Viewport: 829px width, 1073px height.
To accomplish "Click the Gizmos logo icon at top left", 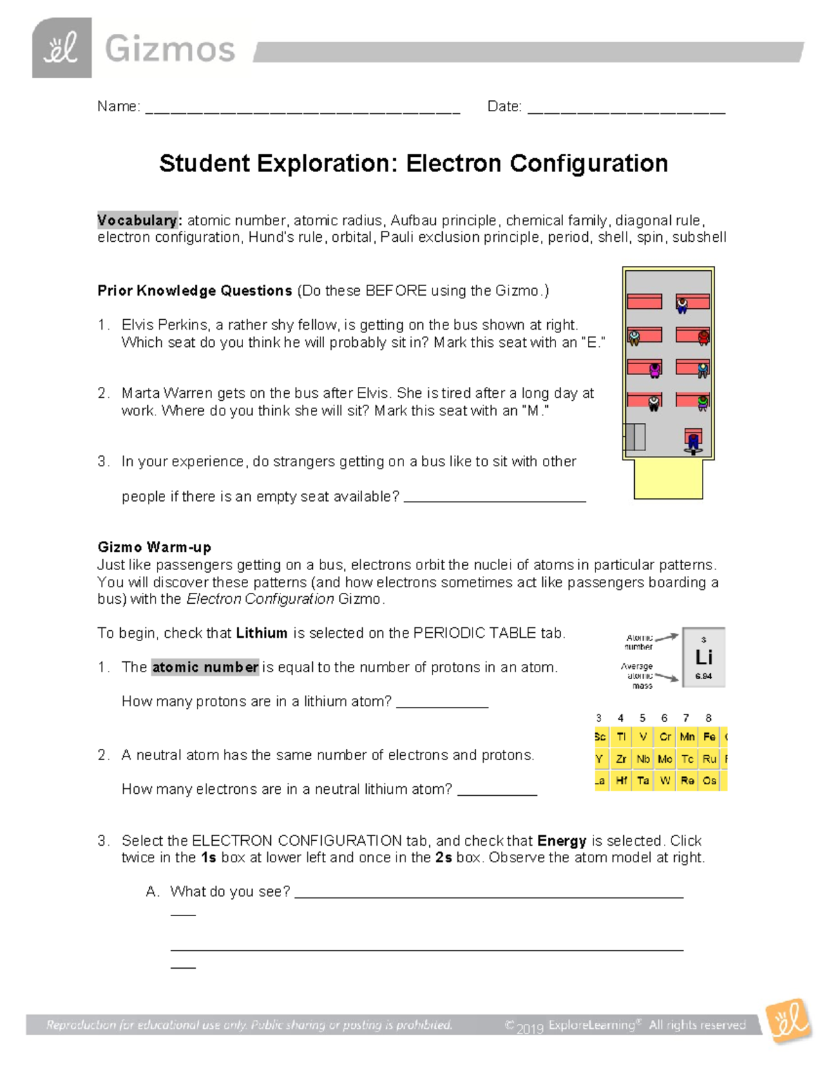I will [x=61, y=48].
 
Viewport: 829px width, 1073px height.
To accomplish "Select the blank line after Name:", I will [x=303, y=109].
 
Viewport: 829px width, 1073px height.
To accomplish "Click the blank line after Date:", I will [x=626, y=109].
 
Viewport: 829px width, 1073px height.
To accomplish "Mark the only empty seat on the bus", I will [x=644, y=301].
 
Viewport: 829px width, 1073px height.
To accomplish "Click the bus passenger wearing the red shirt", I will [x=703, y=337].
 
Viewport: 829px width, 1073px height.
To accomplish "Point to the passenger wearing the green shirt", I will [x=703, y=402].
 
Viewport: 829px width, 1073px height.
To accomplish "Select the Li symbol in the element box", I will [x=703, y=657].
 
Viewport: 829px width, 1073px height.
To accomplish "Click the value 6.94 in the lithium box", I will [x=703, y=676].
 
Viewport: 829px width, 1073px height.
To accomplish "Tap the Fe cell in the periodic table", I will [x=709, y=737].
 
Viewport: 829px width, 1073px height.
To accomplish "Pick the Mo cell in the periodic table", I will [x=665, y=759].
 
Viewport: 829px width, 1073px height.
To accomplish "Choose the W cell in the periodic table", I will [x=665, y=781].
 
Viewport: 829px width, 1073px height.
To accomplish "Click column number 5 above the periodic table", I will [x=642, y=718].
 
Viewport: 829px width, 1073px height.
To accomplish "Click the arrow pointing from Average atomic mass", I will [x=667, y=676].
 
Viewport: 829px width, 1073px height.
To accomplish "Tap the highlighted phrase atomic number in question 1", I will [x=205, y=667].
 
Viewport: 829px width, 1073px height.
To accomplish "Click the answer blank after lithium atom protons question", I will [x=442, y=703].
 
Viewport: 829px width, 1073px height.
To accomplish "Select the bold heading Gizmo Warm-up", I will [x=154, y=547].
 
